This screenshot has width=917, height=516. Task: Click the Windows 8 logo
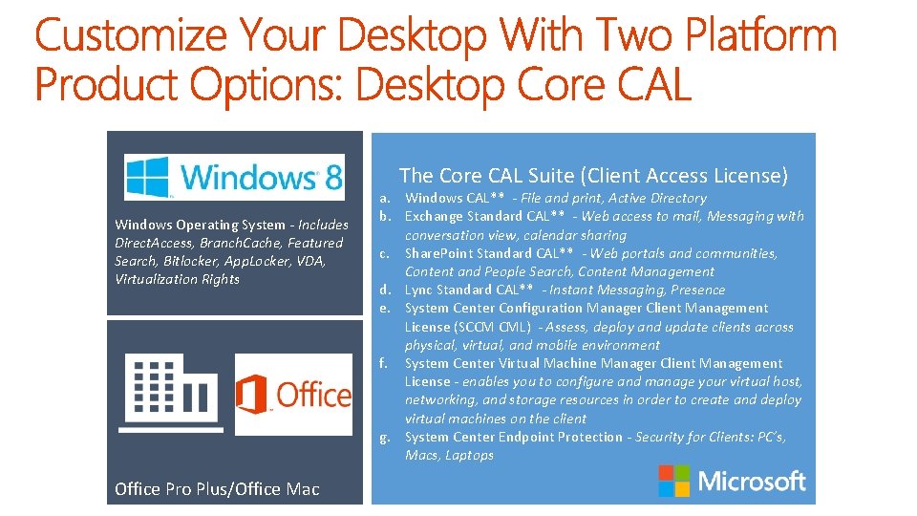(234, 177)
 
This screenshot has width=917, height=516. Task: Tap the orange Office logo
(294, 394)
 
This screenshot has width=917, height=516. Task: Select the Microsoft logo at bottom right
(732, 482)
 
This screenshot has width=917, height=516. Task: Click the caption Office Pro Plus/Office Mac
(217, 489)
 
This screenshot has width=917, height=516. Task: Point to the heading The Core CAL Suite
(593, 175)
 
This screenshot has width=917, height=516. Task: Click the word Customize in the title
(132, 36)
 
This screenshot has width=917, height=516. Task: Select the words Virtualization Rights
(177, 280)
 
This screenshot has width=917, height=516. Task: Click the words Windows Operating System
(200, 226)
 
